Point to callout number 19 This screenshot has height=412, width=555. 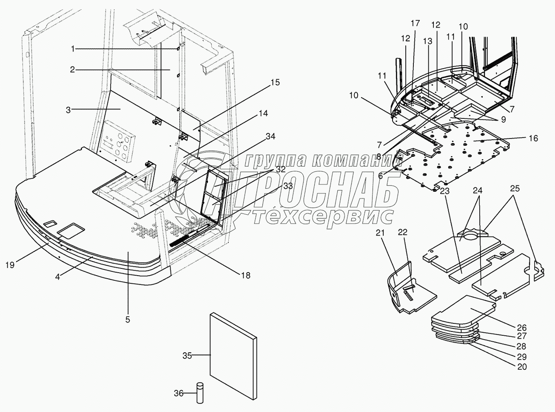click(x=10, y=265)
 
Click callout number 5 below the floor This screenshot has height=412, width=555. click(x=128, y=319)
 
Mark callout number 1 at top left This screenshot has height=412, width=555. click(x=73, y=49)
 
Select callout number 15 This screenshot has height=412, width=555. click(x=275, y=82)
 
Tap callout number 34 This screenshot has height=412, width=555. click(x=270, y=136)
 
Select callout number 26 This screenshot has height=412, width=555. click(x=521, y=328)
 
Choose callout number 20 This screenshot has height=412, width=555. click(x=521, y=366)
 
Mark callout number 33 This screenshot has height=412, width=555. click(x=287, y=186)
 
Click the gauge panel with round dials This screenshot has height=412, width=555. click(x=118, y=142)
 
